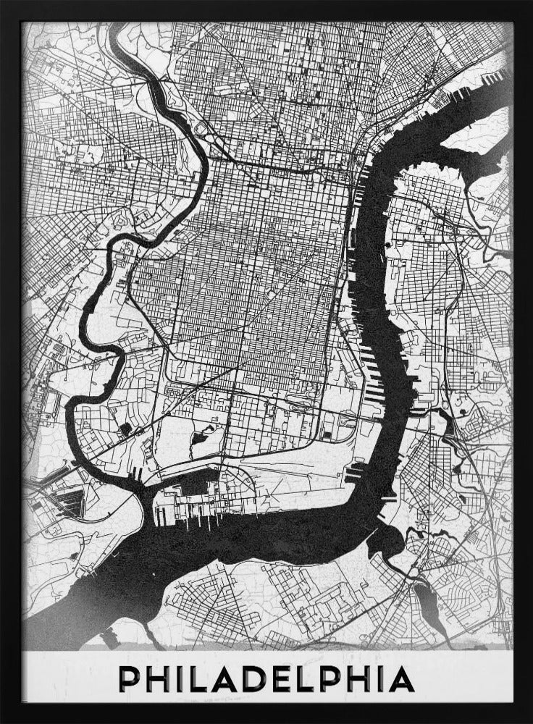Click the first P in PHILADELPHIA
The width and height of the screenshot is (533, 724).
click(x=130, y=681)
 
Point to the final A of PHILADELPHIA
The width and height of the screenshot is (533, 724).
click(x=400, y=681)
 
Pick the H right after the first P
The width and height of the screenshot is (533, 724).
click(x=159, y=681)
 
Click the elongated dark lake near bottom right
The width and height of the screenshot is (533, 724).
click(x=428, y=605)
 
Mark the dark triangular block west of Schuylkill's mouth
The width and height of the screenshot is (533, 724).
click(x=70, y=499)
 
